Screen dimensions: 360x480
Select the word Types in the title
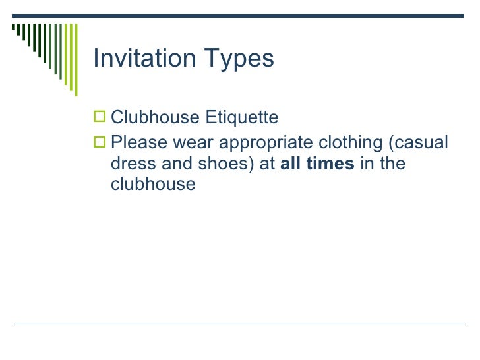[234, 59]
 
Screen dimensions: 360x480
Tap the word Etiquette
[242, 118]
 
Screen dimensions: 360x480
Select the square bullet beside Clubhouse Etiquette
[100, 119]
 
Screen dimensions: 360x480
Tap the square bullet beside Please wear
[100, 143]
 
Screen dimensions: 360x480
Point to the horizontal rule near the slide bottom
[240, 324]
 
